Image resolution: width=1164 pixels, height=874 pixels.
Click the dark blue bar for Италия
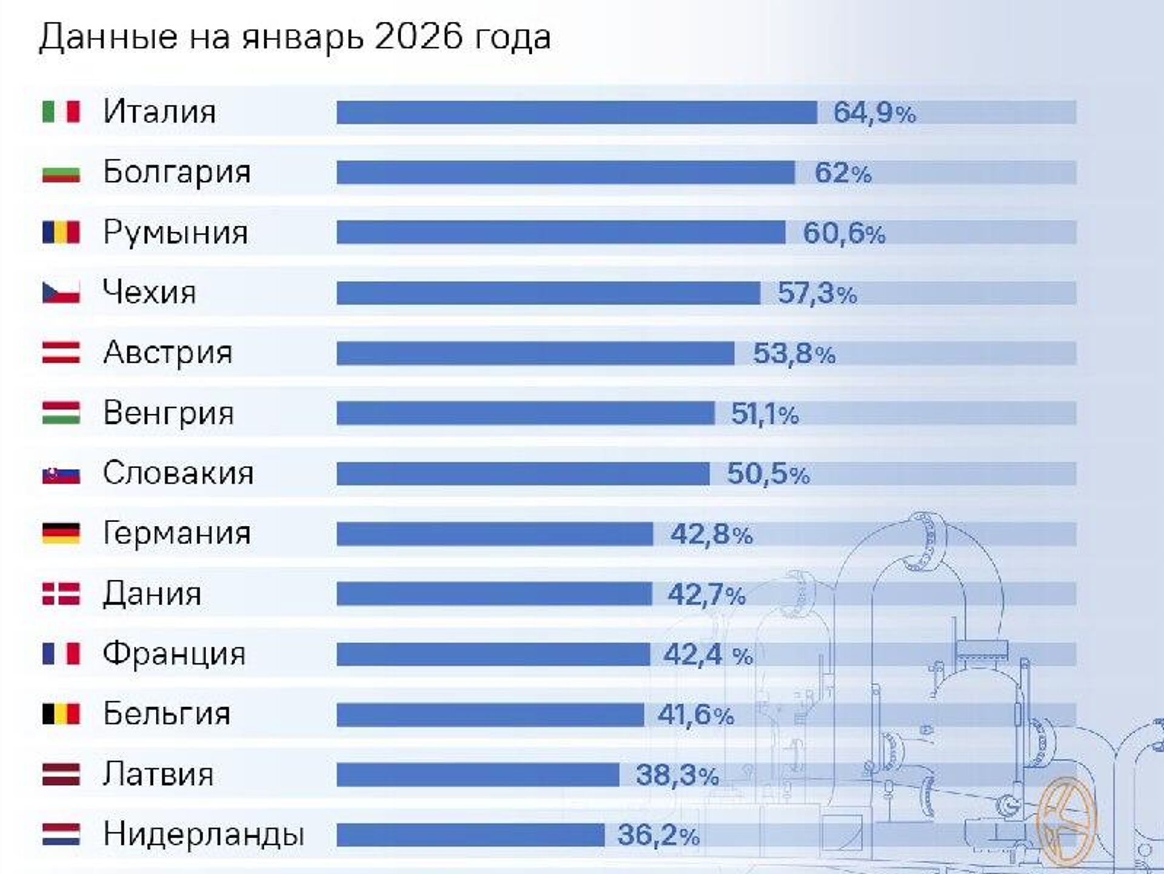(576, 113)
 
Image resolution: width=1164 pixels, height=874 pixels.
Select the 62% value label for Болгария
(842, 173)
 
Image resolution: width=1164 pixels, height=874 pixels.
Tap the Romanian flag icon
(61, 232)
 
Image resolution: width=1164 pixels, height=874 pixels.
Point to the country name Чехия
(149, 292)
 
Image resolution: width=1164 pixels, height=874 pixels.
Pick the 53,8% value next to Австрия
(794, 354)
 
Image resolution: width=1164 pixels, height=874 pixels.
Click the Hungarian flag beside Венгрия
(61, 413)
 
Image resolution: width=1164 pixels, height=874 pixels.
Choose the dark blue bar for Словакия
(523, 474)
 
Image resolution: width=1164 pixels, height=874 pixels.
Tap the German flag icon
(61, 533)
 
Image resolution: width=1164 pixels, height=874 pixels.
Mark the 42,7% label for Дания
(706, 594)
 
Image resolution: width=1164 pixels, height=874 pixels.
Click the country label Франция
(174, 654)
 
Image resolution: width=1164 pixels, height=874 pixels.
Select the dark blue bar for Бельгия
(490, 714)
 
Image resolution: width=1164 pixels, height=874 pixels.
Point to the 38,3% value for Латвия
(677, 775)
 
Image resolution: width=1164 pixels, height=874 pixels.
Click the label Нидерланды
(203, 835)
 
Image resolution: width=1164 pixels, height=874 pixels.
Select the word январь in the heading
(303, 38)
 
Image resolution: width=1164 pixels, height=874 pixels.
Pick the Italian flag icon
(61, 112)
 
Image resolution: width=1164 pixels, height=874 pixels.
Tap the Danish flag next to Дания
(61, 594)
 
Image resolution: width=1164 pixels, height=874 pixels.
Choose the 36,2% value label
(658, 835)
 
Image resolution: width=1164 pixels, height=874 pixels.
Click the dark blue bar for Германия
(495, 534)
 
